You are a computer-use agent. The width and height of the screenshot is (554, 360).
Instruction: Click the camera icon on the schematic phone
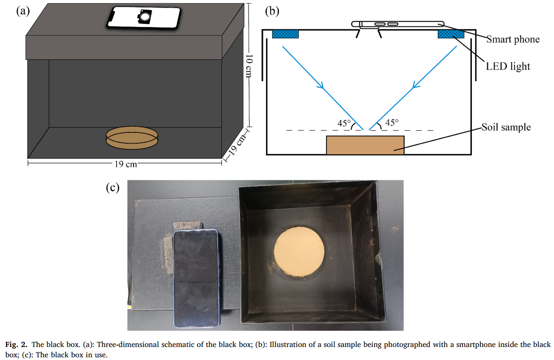tap(144, 17)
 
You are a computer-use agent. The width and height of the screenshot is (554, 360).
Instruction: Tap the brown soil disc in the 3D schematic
tap(132, 137)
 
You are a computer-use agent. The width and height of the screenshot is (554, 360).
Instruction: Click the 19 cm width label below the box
tap(126, 164)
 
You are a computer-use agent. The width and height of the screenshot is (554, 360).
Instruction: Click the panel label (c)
tap(112, 187)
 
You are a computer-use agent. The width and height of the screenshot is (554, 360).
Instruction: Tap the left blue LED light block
tap(286, 34)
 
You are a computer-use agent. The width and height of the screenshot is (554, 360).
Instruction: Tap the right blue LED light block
tap(451, 34)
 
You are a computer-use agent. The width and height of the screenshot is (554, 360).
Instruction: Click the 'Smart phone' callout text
tap(513, 40)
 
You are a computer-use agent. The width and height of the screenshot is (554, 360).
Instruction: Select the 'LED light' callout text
tap(508, 66)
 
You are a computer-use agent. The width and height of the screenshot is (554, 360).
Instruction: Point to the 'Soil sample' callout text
tap(506, 127)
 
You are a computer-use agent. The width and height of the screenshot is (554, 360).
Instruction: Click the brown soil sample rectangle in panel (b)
tap(365, 145)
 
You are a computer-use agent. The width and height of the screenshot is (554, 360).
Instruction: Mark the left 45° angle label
tap(344, 123)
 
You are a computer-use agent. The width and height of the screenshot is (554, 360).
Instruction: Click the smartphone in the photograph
tap(196, 278)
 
